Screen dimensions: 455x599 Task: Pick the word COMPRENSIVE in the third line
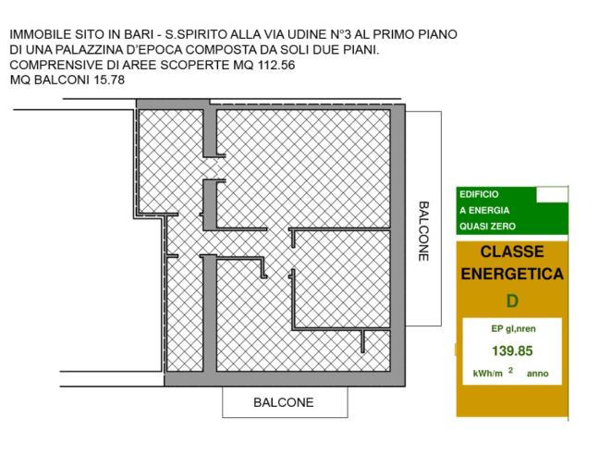click(x=55, y=65)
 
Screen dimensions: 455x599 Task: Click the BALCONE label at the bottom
click(x=284, y=402)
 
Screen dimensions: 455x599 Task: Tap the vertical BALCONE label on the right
click(x=423, y=231)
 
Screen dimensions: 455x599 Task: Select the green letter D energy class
click(x=511, y=301)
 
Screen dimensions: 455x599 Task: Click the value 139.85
click(x=511, y=350)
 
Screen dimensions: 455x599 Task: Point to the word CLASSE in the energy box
click(x=511, y=252)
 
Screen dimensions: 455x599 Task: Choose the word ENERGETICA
click(x=511, y=275)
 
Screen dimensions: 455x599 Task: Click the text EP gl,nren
click(x=511, y=328)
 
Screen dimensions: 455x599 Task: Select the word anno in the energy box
click(x=537, y=374)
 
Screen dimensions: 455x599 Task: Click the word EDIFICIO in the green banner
click(x=479, y=194)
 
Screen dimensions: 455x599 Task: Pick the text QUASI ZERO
click(x=487, y=226)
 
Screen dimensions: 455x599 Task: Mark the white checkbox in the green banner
click(x=552, y=194)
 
